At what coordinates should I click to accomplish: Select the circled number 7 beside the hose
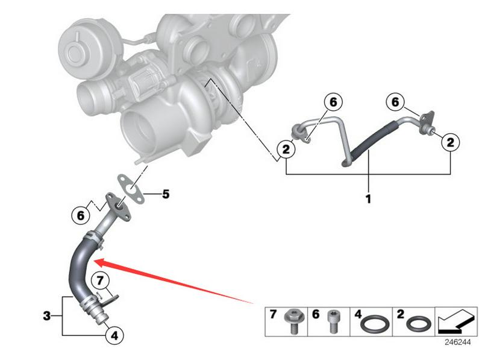pos(101,280)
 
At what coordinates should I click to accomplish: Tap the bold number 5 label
pos(165,194)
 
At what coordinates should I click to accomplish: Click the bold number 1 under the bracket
pos(368,198)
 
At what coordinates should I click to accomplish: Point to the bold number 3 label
pos(46,315)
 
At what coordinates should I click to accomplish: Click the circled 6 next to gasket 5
pos(78,215)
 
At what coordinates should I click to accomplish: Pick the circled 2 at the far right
pos(450,142)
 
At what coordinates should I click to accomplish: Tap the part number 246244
pos(458,342)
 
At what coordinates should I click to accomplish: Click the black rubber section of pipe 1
pos(374,139)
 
